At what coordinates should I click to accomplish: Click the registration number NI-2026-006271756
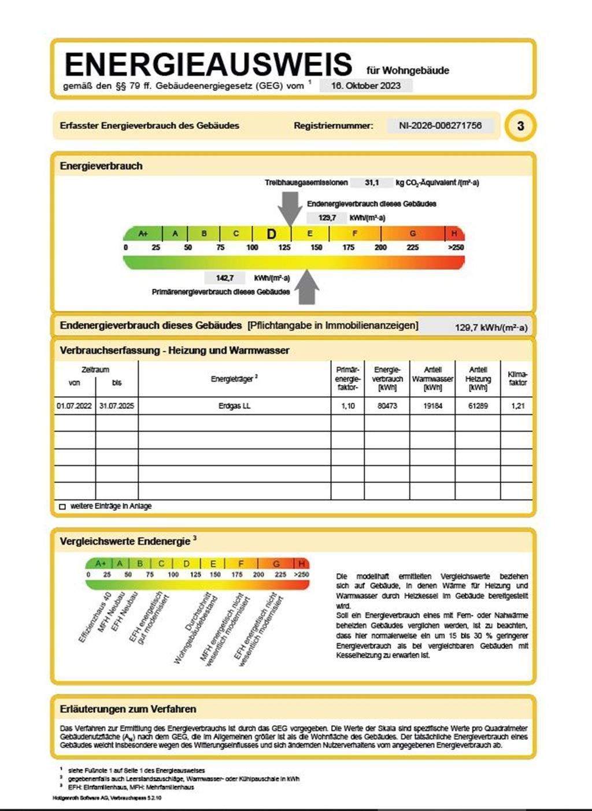click(x=440, y=126)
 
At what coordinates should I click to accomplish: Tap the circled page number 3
click(x=520, y=126)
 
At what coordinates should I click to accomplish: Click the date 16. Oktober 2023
click(x=365, y=86)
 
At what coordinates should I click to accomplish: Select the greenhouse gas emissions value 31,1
click(x=372, y=183)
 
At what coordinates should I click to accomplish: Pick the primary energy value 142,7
click(x=225, y=278)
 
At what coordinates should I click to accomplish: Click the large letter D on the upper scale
click(x=271, y=234)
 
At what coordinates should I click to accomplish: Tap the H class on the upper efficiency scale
click(x=454, y=234)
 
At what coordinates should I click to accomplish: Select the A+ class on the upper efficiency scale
click(x=143, y=234)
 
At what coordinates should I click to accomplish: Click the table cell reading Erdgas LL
click(x=235, y=406)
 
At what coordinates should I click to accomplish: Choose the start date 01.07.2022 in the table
click(x=75, y=406)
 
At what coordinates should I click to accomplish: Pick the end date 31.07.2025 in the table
click(x=117, y=406)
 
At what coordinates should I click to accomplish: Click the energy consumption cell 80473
click(x=387, y=406)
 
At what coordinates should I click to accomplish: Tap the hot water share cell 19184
click(x=432, y=406)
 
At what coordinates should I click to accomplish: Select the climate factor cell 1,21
click(x=518, y=406)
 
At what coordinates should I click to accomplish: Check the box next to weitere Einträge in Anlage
click(x=62, y=507)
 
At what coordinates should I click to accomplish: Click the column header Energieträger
click(x=234, y=379)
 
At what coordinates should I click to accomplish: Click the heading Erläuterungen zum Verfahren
click(x=128, y=709)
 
